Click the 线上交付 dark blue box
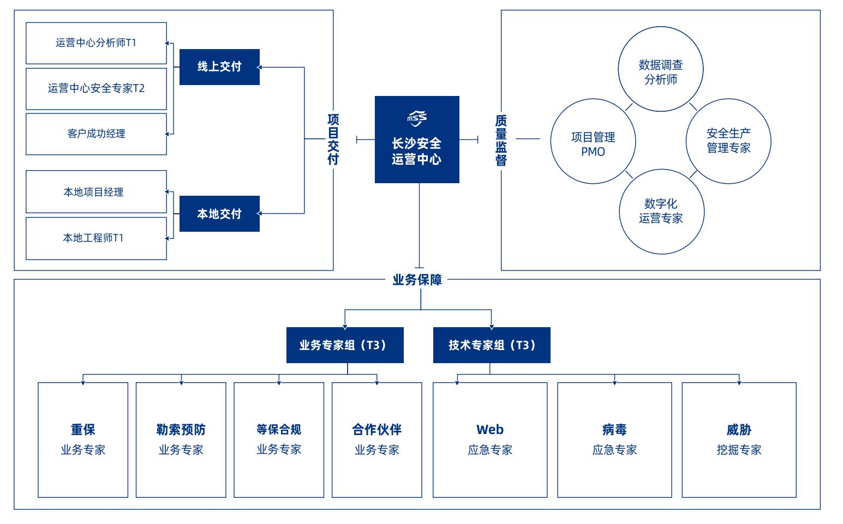coord(219,67)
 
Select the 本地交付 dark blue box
coord(219,214)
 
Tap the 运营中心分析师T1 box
coord(97,43)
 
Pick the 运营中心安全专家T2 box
coord(97,89)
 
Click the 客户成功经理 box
coord(97,134)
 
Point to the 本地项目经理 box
coord(97,192)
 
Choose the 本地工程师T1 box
coord(97,238)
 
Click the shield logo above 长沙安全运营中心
coord(417,118)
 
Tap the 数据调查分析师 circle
coord(661,69)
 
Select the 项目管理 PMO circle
coord(593,141)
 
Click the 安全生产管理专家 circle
coord(728,141)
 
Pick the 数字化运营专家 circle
coord(662,212)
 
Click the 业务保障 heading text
coord(417,280)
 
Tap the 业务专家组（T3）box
coord(345,345)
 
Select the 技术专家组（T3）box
coord(492,345)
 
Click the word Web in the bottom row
coord(490,429)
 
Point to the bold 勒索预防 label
coord(181,429)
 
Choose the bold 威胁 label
coord(739,429)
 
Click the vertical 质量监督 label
coord(501,140)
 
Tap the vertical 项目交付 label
coord(333,139)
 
